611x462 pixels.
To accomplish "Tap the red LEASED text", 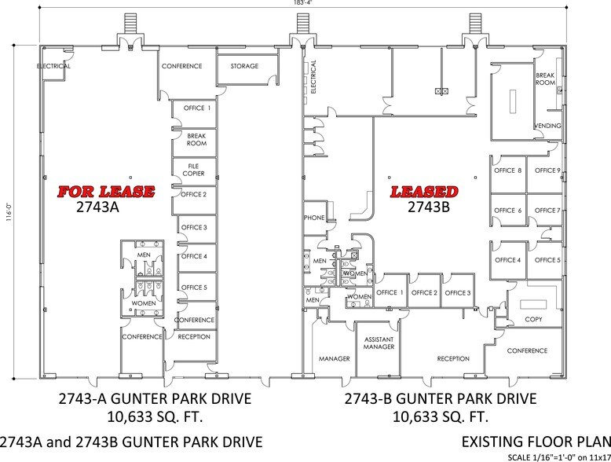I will tap(425, 192).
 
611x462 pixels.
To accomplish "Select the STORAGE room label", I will tap(244, 67).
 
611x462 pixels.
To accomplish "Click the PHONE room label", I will tap(313, 218).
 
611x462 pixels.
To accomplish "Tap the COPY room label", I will tap(533, 320).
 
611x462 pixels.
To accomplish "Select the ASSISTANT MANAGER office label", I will tap(378, 343).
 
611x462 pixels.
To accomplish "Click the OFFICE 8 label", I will tap(507, 170).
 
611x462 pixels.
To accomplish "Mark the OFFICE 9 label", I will tap(547, 170).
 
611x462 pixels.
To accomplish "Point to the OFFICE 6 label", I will tap(507, 211).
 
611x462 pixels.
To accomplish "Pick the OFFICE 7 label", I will tap(547, 211).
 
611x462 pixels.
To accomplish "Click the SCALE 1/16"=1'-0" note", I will tap(550, 456).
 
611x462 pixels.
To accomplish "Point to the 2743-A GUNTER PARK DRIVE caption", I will tap(155, 398).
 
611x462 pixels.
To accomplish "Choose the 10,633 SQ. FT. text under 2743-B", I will tap(440, 416).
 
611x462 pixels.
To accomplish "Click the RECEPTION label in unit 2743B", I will tap(453, 359).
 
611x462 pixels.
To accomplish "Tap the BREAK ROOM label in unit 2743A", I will tap(196, 140).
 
